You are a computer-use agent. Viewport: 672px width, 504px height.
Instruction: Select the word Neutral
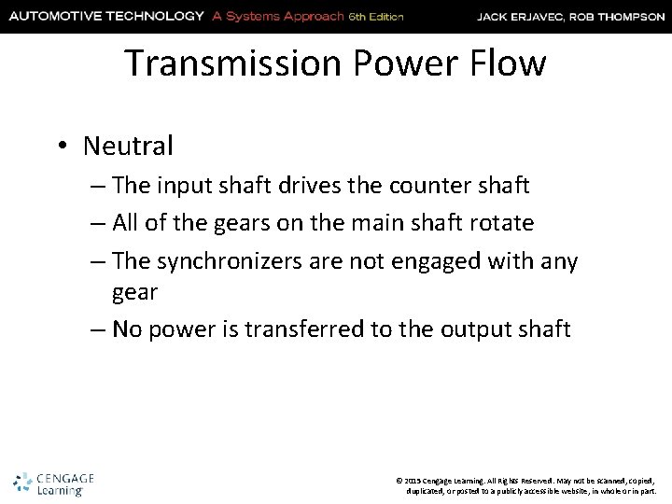(128, 146)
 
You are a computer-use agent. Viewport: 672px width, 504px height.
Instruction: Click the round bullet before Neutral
(63, 147)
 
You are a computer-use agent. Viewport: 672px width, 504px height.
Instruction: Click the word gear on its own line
(134, 291)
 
